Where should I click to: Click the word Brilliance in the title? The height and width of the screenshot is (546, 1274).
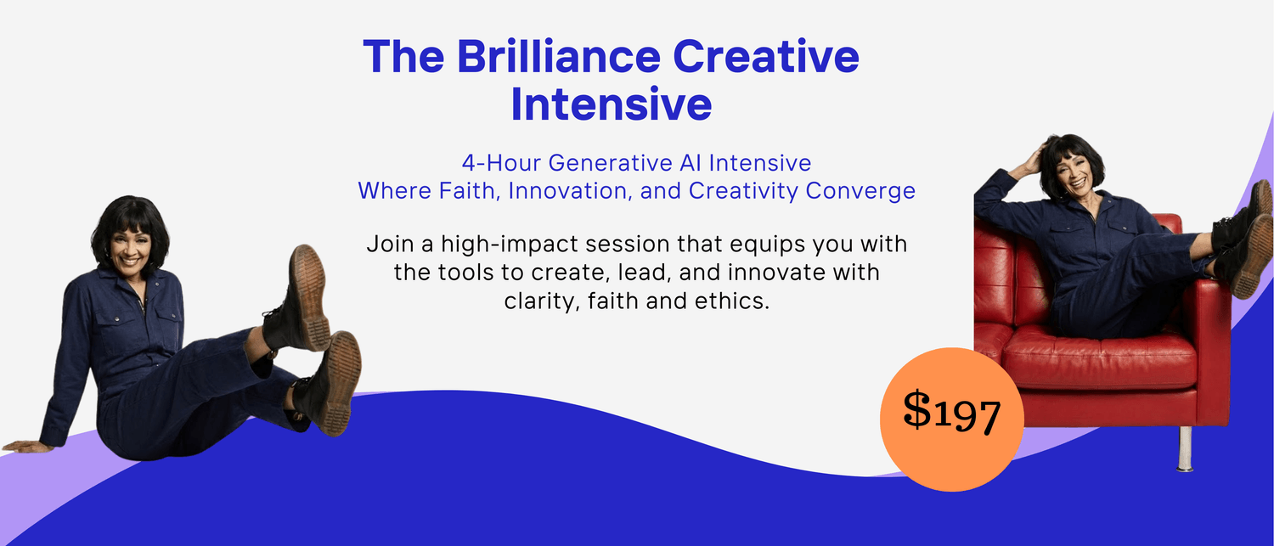click(x=559, y=56)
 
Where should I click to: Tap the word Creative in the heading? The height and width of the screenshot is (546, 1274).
click(x=765, y=56)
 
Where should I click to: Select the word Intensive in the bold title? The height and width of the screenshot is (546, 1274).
click(x=612, y=104)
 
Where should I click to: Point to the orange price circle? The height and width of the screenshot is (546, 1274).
click(x=951, y=419)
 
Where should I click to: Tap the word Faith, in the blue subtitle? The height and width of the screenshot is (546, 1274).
click(x=469, y=191)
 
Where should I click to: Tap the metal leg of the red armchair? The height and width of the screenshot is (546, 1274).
click(x=1186, y=448)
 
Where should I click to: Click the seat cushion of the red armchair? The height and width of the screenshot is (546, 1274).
click(x=1097, y=356)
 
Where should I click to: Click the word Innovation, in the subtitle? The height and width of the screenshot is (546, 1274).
click(x=571, y=191)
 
